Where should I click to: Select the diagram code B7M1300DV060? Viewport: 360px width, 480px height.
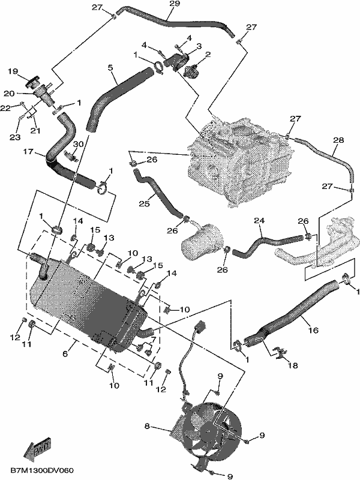click(42, 470)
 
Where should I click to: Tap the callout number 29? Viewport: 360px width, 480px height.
click(175, 4)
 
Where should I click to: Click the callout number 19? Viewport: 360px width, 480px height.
click(13, 71)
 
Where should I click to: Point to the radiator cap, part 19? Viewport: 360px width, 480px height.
click(32, 80)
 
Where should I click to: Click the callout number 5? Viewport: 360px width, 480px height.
click(110, 67)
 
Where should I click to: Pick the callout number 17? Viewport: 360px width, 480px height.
click(28, 152)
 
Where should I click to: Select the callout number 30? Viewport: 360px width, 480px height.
click(79, 144)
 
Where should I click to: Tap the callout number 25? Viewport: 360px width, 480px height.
click(145, 203)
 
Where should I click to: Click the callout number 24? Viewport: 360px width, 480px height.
click(259, 220)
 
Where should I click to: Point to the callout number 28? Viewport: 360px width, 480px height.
click(338, 140)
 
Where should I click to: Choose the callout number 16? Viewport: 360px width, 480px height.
click(313, 330)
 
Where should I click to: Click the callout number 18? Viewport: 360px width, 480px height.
click(293, 365)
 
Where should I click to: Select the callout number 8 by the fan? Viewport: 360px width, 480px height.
click(147, 426)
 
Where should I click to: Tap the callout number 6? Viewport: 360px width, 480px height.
click(65, 353)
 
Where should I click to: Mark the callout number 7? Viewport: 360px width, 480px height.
click(153, 339)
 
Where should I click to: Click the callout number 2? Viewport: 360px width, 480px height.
click(208, 55)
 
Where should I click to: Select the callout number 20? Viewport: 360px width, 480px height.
click(9, 94)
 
